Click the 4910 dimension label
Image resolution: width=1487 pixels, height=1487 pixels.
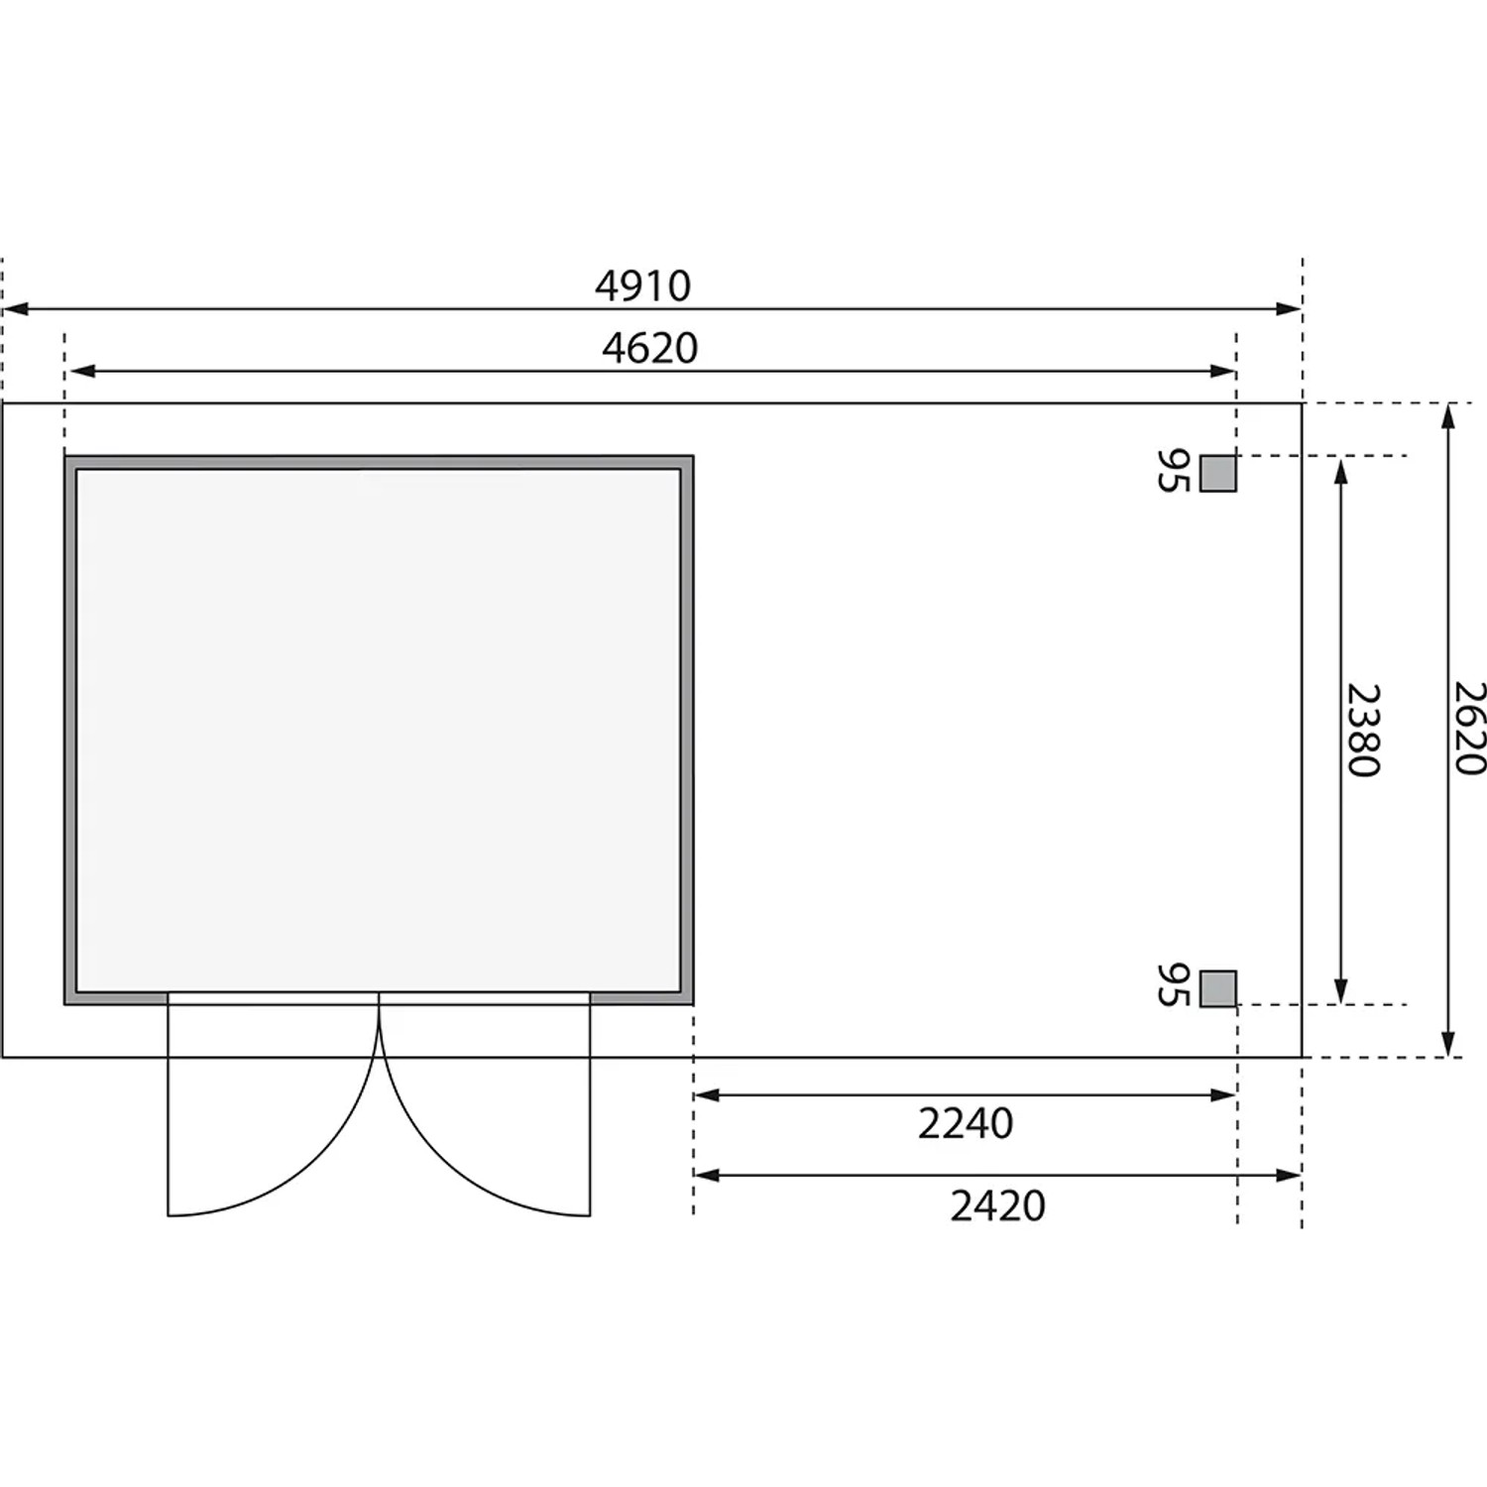pyautogui.click(x=642, y=286)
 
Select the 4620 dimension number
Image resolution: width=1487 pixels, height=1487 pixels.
pyautogui.click(x=650, y=348)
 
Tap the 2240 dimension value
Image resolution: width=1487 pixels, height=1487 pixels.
pyautogui.click(x=966, y=1124)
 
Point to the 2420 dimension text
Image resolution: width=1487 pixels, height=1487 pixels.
pyautogui.click(x=998, y=1206)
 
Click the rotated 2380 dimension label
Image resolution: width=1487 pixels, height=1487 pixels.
pyautogui.click(x=1362, y=730)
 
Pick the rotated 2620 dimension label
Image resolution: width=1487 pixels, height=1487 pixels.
pyautogui.click(x=1469, y=728)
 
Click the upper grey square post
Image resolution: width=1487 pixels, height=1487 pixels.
pyautogui.click(x=1218, y=473)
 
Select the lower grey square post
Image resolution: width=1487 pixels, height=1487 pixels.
pyautogui.click(x=1218, y=988)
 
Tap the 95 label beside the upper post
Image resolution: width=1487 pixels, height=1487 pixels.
pyautogui.click(x=1173, y=471)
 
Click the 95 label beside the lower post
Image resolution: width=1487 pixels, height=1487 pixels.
pyautogui.click(x=1173, y=984)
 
